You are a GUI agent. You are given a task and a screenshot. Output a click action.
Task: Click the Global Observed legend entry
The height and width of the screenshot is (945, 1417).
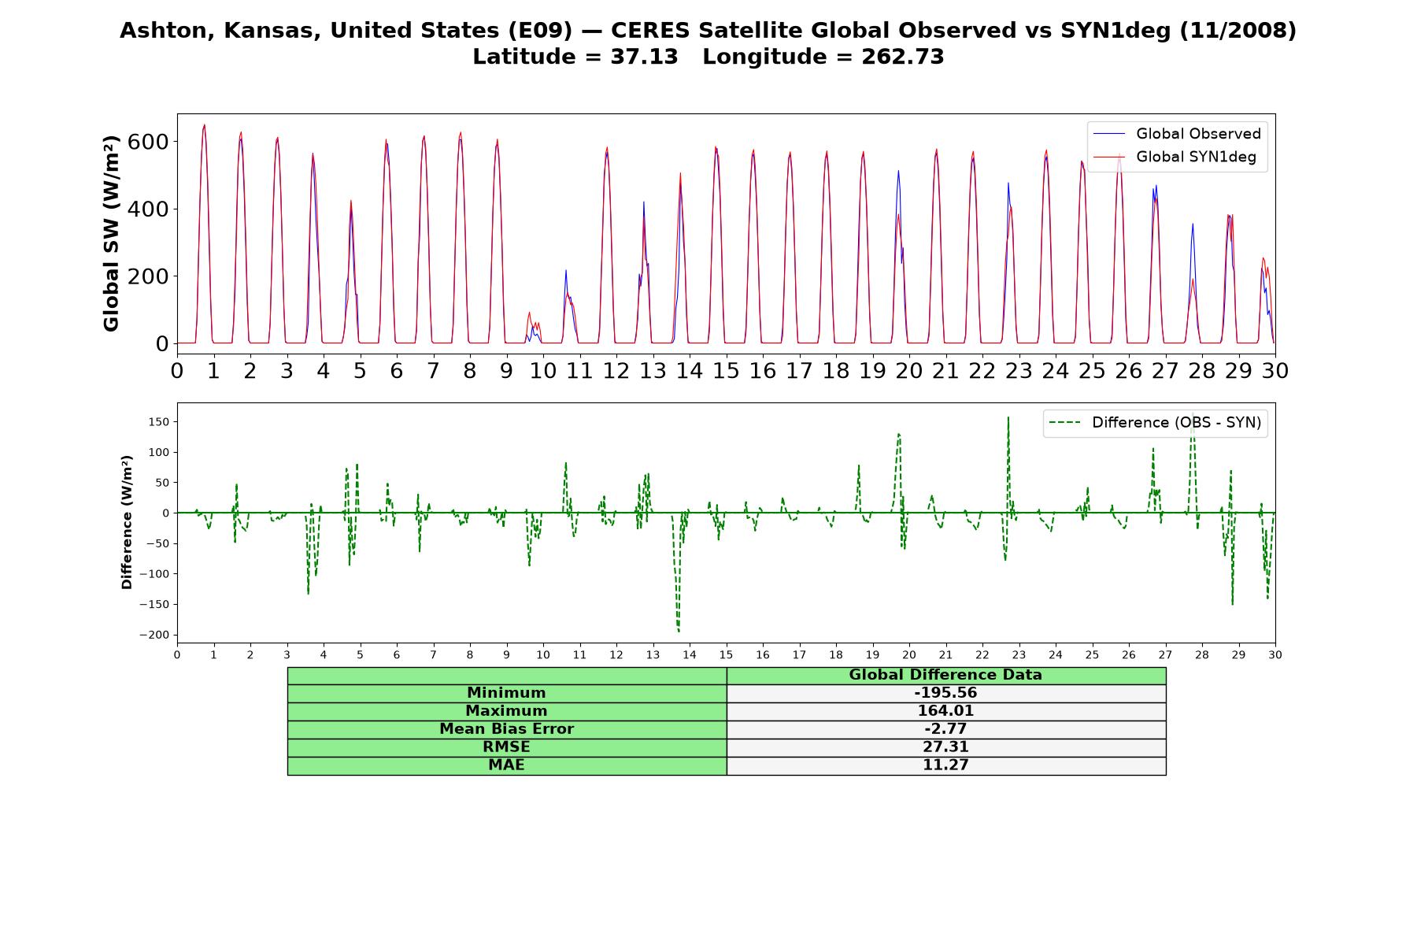1178,134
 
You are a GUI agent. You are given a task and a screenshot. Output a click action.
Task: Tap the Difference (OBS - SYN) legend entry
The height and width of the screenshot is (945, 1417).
1156,423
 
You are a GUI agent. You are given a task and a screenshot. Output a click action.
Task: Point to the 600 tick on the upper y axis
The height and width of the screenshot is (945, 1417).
152,142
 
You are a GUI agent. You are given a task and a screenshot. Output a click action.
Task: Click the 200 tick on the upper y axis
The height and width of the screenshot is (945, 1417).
152,276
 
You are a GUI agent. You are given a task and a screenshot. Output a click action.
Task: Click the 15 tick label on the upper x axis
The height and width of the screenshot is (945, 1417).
726,370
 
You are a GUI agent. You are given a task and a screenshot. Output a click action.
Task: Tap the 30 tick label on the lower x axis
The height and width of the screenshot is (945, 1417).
1275,654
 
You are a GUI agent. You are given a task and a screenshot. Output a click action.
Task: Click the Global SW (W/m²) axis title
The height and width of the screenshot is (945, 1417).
111,233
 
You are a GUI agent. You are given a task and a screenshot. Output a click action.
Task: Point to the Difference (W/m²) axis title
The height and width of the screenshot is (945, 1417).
127,522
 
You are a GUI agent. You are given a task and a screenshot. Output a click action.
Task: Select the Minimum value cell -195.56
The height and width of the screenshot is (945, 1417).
945,693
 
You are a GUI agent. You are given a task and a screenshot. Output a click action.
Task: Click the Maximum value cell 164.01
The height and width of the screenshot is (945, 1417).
945,711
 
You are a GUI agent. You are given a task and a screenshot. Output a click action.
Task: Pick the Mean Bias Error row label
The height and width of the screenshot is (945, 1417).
506,729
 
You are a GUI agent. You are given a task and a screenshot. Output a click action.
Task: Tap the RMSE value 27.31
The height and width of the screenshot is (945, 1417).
945,747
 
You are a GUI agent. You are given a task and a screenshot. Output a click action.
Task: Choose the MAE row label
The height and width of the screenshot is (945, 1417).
506,765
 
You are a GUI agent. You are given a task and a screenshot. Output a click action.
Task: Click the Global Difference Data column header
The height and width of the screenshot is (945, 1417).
945,675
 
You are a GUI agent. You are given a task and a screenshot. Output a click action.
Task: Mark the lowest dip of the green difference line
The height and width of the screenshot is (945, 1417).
679,632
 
